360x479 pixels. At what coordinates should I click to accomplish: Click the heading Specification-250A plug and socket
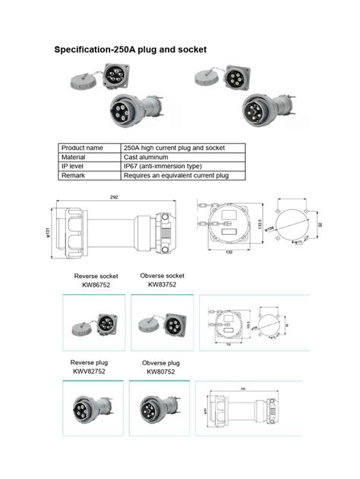click(x=130, y=50)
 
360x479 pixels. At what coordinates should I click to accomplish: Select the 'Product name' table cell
click(x=82, y=148)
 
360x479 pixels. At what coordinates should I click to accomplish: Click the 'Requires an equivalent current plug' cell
click(x=174, y=175)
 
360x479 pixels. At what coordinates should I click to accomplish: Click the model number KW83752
click(x=163, y=285)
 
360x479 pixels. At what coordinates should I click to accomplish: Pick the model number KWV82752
click(x=89, y=371)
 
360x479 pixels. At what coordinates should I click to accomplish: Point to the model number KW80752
click(x=161, y=372)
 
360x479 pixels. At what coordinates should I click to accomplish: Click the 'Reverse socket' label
click(x=95, y=276)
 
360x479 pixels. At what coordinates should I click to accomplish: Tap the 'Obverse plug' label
click(x=161, y=363)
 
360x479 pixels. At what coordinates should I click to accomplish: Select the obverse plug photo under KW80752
click(x=160, y=411)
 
